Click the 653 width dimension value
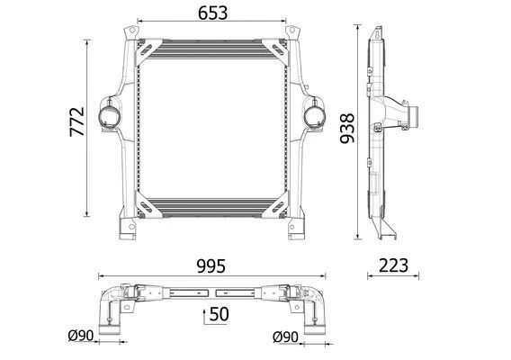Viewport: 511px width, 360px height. [x=212, y=13]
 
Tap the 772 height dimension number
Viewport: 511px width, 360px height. [x=77, y=121]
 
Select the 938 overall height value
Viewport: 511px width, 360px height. [x=346, y=128]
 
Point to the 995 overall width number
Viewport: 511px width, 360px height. [x=211, y=266]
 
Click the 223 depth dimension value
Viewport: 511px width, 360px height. [x=393, y=265]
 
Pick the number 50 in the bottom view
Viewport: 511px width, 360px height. [x=219, y=314]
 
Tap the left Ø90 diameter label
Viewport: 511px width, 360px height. [x=81, y=335]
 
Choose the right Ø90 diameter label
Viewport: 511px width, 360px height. [x=285, y=337]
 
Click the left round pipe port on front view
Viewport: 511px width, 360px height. [x=109, y=116]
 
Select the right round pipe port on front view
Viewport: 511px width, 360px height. [x=315, y=116]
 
